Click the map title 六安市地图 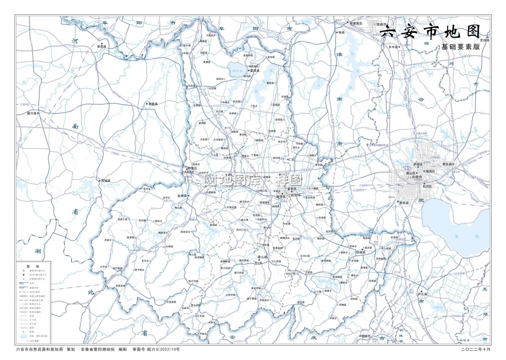pyautogui.click(x=429, y=32)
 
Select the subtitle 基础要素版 pyautogui.click(x=459, y=47)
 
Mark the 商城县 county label pyautogui.click(x=106, y=180)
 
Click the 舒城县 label pyautogui.click(x=364, y=251)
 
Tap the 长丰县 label pyautogui.click(x=394, y=47)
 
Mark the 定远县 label pyautogui.click(x=484, y=39)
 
